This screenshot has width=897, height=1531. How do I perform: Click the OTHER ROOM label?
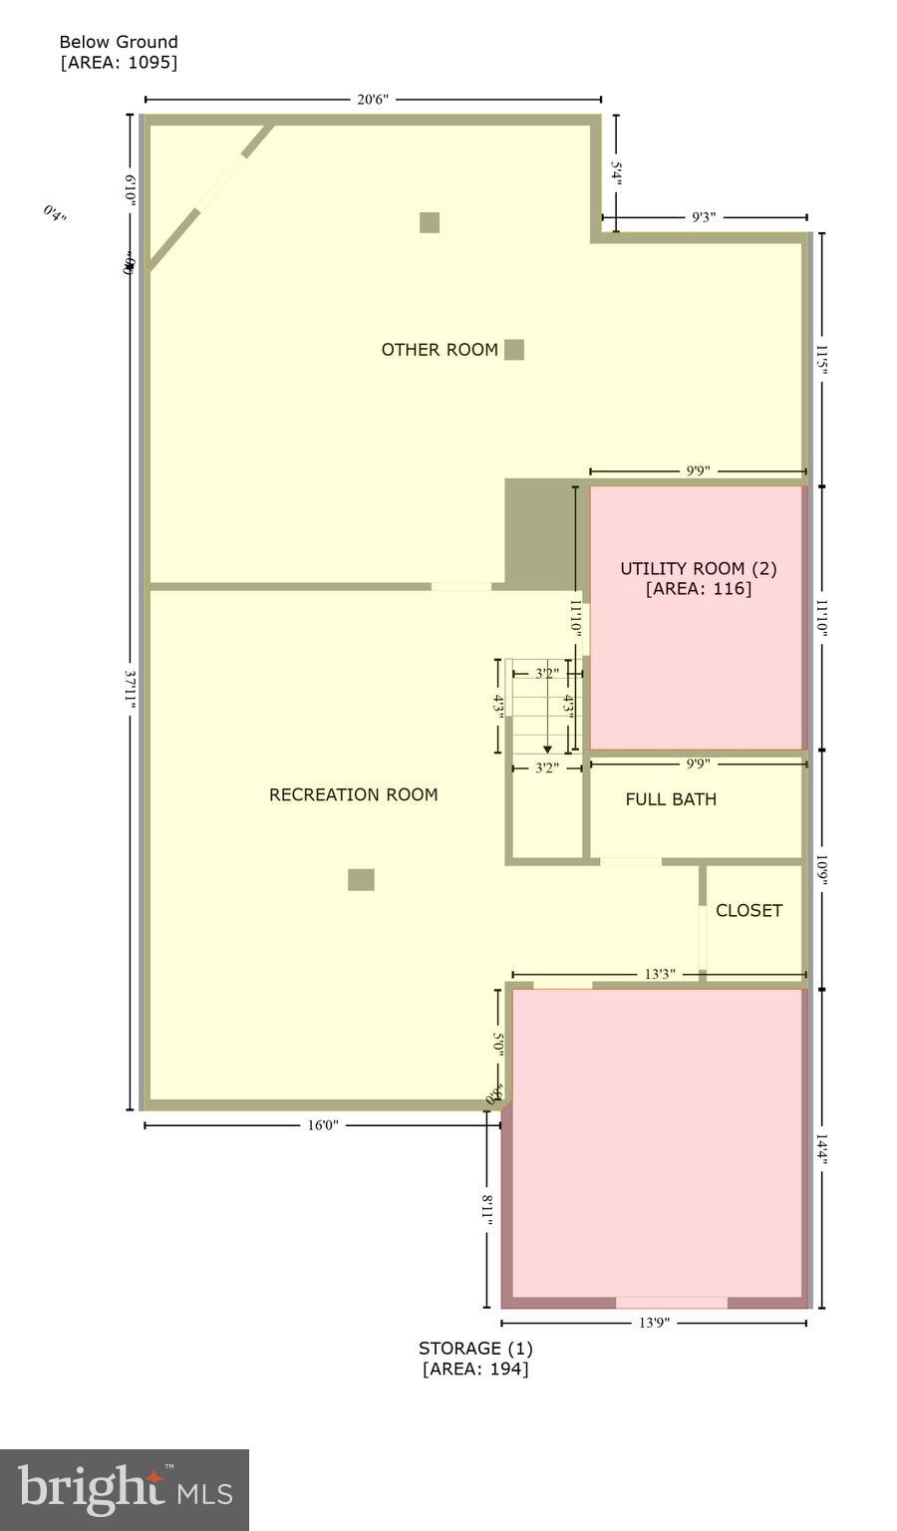pyautogui.click(x=440, y=350)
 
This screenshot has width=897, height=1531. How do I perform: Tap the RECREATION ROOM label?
pyautogui.click(x=353, y=794)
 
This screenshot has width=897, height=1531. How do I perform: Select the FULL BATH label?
pyautogui.click(x=671, y=799)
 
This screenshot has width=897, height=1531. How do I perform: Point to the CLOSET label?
pyautogui.click(x=748, y=910)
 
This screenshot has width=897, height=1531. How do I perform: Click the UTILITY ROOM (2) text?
pyautogui.click(x=698, y=568)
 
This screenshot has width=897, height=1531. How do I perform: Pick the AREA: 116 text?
pyautogui.click(x=698, y=589)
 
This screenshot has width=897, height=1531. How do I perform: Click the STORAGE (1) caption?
pyautogui.click(x=475, y=1349)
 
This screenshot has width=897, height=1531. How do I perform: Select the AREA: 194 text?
pyautogui.click(x=475, y=1369)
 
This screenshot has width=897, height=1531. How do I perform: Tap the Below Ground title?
pyautogui.click(x=119, y=42)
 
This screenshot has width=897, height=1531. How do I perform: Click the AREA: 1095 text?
pyautogui.click(x=119, y=62)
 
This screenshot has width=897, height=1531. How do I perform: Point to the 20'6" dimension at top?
pyautogui.click(x=373, y=100)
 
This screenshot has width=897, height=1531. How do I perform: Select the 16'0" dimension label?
pyautogui.click(x=322, y=1125)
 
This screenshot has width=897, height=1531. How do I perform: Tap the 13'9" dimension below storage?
pyautogui.click(x=654, y=1324)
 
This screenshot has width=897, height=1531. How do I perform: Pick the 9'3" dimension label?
pyautogui.click(x=704, y=217)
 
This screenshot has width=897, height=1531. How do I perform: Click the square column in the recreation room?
pyautogui.click(x=361, y=879)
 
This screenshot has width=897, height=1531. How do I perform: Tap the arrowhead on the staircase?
pyautogui.click(x=547, y=750)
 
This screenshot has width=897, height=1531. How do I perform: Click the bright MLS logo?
pyautogui.click(x=125, y=1489)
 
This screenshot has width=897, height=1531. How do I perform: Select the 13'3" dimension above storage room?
pyautogui.click(x=659, y=974)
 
